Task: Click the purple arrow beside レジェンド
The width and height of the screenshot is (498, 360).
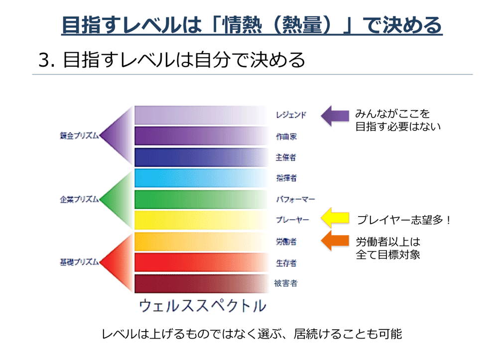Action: pos(335,116)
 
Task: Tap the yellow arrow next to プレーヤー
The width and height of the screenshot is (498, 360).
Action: pos(335,218)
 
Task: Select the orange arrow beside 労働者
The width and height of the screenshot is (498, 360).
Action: pos(335,240)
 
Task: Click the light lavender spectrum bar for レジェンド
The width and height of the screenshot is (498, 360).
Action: pos(201,115)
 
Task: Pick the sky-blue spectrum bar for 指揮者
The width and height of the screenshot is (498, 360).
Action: pos(201,178)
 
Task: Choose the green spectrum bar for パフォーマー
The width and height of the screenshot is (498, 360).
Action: pos(201,199)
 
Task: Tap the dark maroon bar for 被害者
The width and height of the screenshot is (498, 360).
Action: pos(201,283)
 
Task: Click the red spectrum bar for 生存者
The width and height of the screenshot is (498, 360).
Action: pos(201,262)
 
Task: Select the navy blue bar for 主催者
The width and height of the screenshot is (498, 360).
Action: pos(201,157)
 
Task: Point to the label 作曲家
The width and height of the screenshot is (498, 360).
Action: pos(286,136)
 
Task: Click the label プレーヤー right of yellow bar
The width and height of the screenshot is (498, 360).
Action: pos(292,220)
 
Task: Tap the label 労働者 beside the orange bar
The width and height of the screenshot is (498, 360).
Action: pos(286,241)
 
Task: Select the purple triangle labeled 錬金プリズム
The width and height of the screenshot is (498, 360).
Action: pos(116,136)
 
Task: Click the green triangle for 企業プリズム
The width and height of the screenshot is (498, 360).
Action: pos(116,199)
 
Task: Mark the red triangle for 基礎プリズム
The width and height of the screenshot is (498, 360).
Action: pos(116,262)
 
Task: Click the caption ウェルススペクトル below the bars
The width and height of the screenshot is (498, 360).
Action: pos(203,306)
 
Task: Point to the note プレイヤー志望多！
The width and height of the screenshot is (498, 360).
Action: pos(404,220)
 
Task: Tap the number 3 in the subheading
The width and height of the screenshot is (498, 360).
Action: pos(44,60)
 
